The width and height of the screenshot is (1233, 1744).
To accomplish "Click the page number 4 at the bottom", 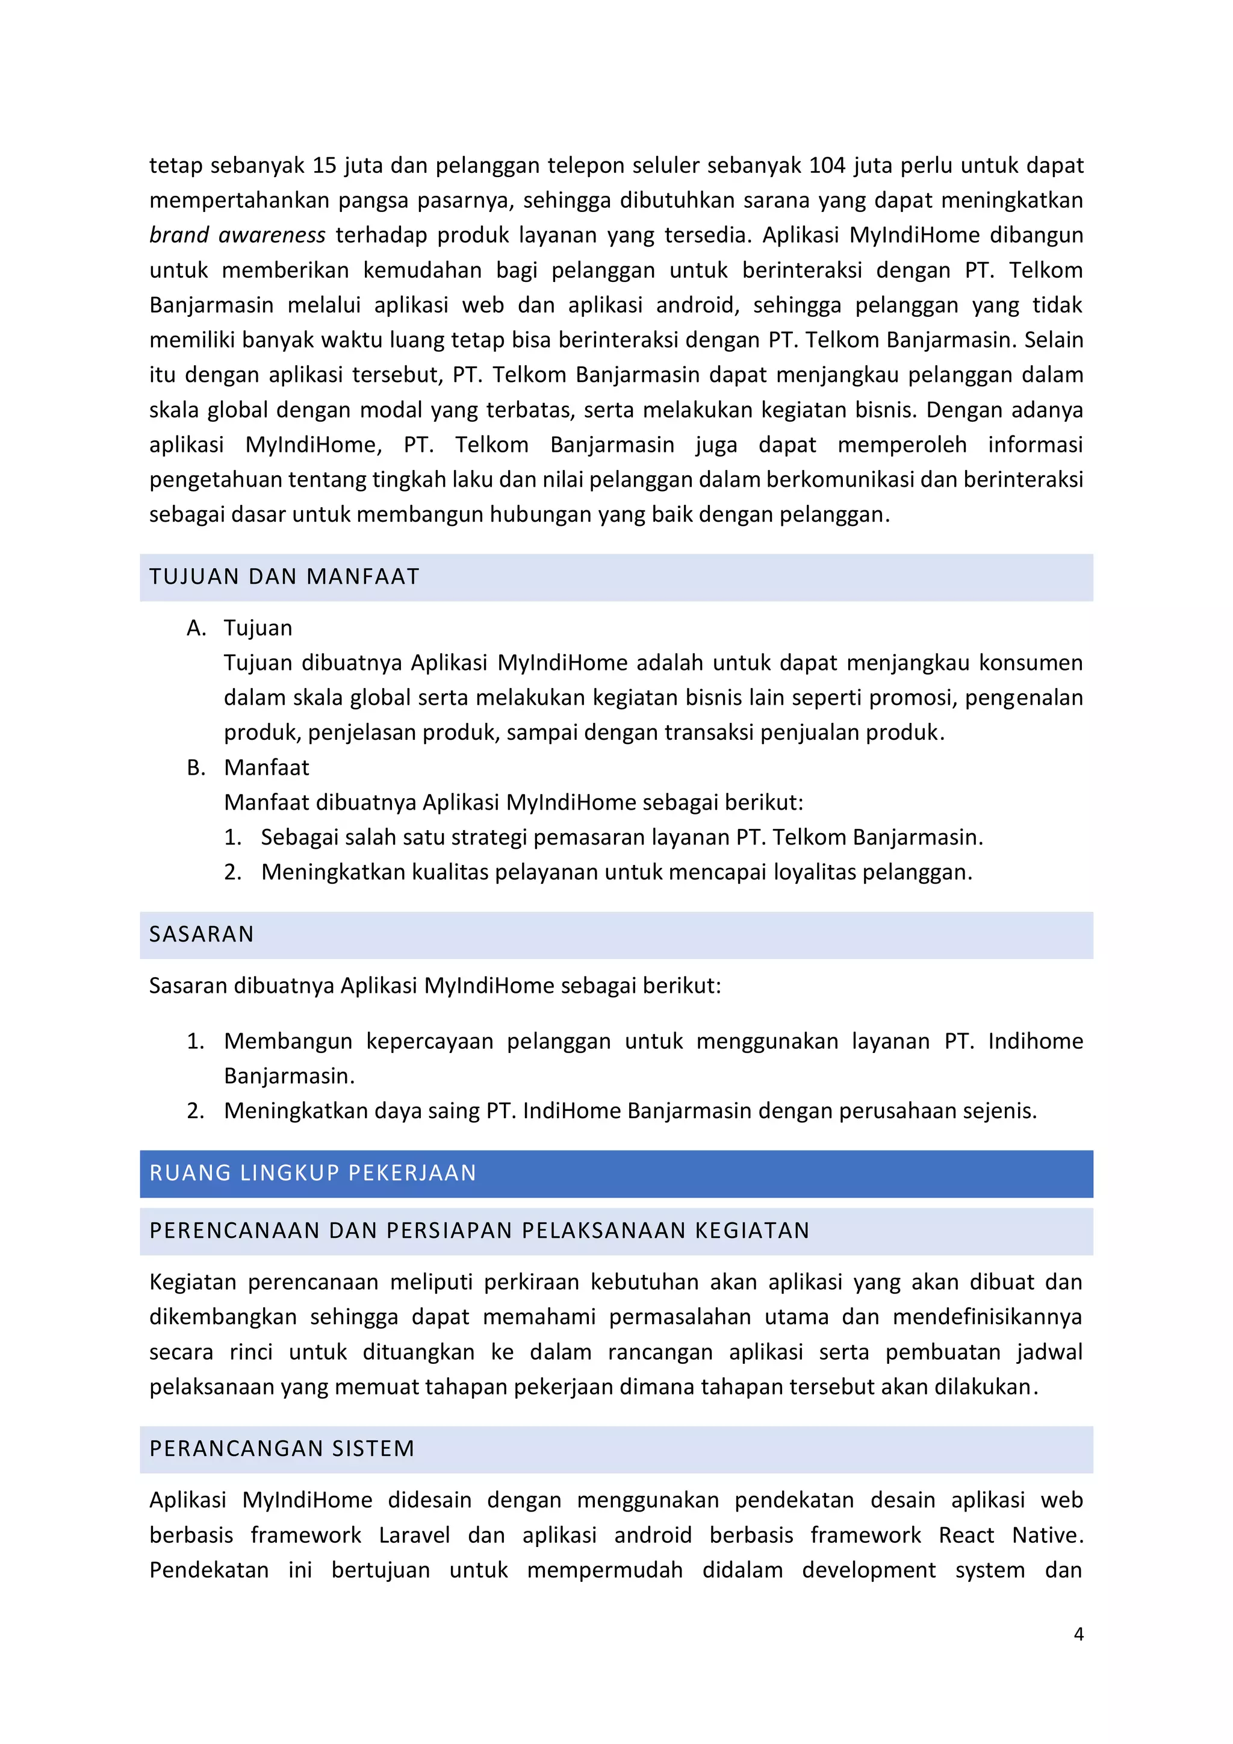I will (x=1078, y=1634).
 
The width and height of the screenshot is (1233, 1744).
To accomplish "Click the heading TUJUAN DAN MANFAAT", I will (x=284, y=577).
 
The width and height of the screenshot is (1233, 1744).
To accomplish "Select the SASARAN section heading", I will (x=201, y=934).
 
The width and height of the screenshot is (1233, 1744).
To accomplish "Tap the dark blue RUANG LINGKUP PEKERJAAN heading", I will (x=313, y=1173).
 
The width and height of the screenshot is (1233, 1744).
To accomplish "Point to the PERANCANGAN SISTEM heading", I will (x=282, y=1449).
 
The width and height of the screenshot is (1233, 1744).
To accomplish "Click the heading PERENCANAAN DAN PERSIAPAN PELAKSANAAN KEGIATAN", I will (x=479, y=1231).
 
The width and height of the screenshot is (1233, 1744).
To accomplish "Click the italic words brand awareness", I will (x=237, y=236).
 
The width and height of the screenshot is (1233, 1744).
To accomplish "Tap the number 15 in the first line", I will (x=324, y=166).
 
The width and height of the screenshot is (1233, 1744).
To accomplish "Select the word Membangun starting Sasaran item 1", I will (x=288, y=1042).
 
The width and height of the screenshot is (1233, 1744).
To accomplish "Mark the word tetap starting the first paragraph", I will (x=176, y=166).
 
